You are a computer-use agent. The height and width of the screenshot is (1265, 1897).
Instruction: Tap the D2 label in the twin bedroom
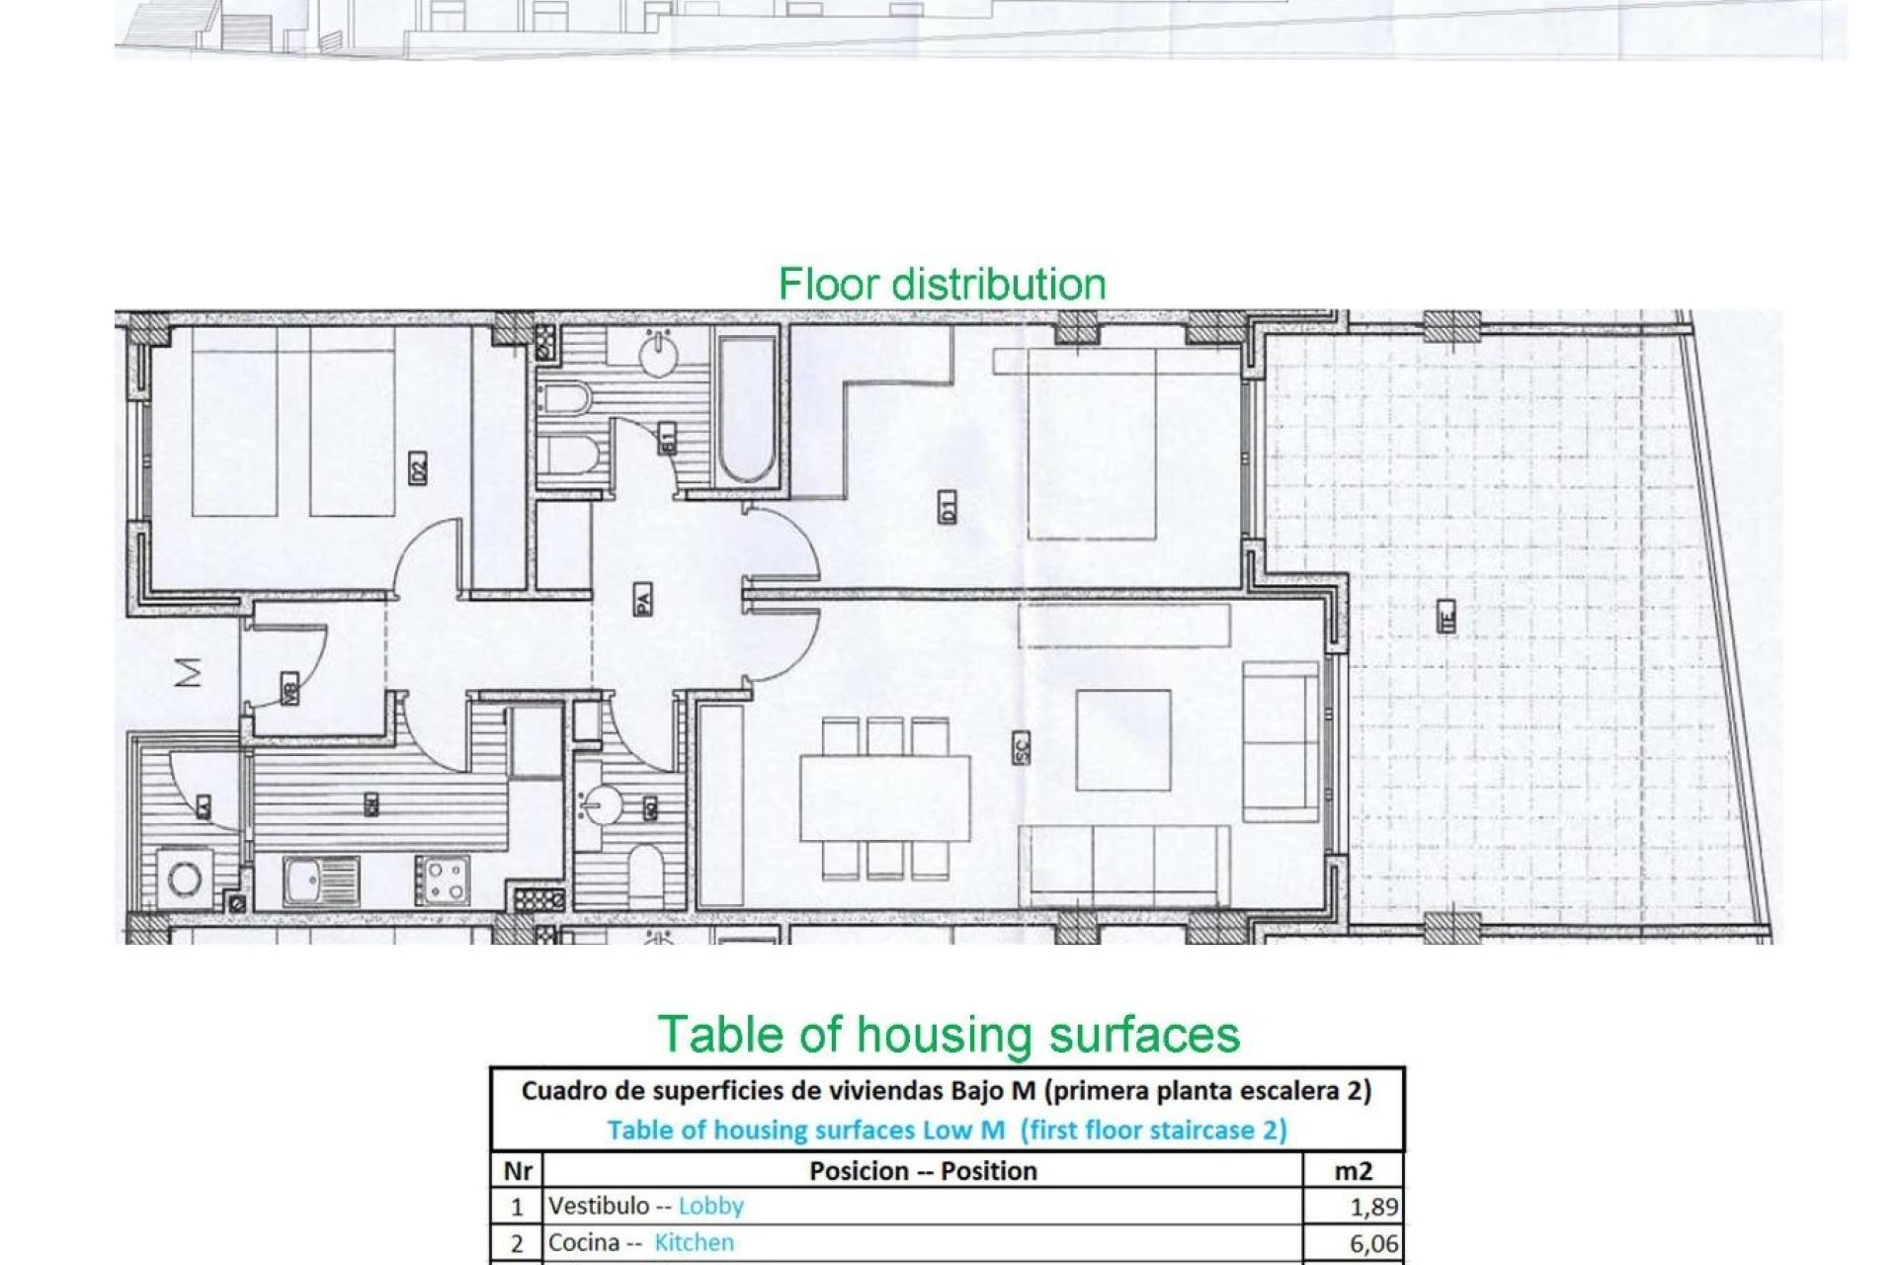click(418, 467)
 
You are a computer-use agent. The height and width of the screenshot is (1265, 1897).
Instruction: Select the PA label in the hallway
click(642, 598)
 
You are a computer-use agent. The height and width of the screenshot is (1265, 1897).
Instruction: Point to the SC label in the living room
click(1022, 746)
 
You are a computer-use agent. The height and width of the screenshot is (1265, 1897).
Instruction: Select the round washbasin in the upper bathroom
click(659, 355)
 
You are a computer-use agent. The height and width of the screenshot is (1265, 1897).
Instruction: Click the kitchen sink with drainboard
click(320, 881)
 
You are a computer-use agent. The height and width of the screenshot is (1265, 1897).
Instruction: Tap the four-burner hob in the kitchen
click(442, 880)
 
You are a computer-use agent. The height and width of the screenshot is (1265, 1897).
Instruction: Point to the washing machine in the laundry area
click(185, 879)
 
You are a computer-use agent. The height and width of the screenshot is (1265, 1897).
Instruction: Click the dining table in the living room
click(884, 798)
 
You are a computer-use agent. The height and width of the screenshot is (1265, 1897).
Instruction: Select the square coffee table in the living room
click(1123, 739)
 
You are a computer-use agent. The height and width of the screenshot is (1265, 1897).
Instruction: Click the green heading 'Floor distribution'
click(942, 284)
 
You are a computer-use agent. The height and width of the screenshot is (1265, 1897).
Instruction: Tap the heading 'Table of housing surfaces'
click(948, 1035)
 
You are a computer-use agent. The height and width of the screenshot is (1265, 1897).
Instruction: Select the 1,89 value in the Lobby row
click(1373, 1207)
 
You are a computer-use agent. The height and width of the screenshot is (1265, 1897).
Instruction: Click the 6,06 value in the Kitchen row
click(1373, 1243)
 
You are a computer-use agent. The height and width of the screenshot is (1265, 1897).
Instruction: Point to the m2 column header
click(1353, 1171)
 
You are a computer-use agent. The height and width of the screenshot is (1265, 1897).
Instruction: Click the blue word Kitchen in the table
click(694, 1242)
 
